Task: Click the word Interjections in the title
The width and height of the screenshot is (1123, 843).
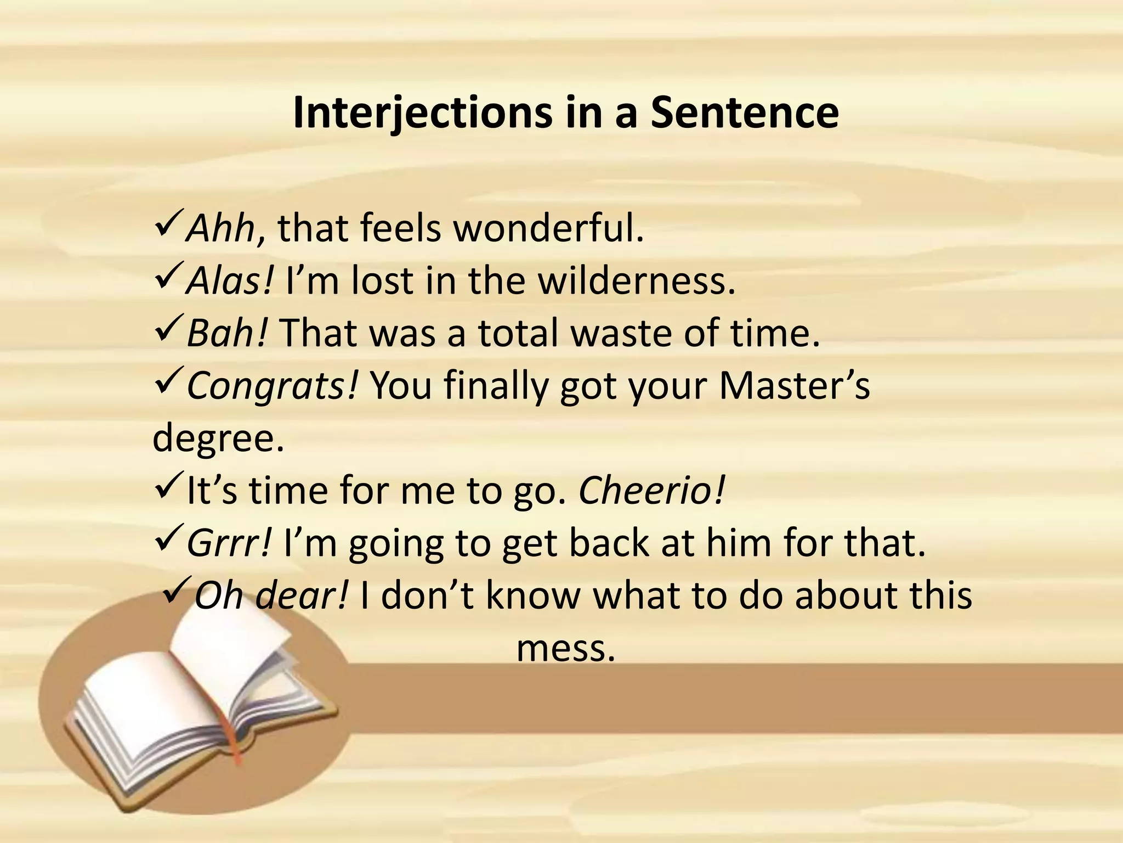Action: click(x=422, y=114)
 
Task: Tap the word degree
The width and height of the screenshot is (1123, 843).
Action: click(x=218, y=438)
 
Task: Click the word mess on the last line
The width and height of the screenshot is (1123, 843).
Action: click(x=565, y=648)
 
